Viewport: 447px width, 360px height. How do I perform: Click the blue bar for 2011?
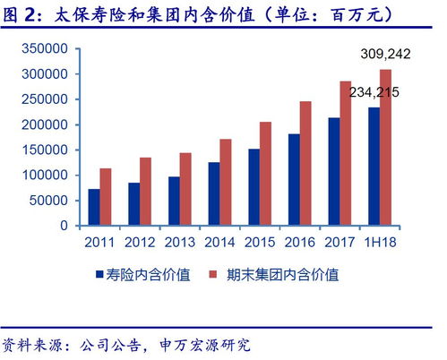coord(93,207)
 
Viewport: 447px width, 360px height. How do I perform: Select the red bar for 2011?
coord(105,197)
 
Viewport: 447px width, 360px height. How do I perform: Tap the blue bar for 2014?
coord(213,193)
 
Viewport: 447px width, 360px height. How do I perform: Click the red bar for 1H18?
coord(386,147)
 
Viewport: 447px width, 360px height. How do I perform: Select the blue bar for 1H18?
coord(374,166)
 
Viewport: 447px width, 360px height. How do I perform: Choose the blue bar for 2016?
coord(294,179)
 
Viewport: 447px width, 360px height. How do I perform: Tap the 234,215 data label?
coord(374,91)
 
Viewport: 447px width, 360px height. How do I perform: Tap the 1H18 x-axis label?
coord(380,243)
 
